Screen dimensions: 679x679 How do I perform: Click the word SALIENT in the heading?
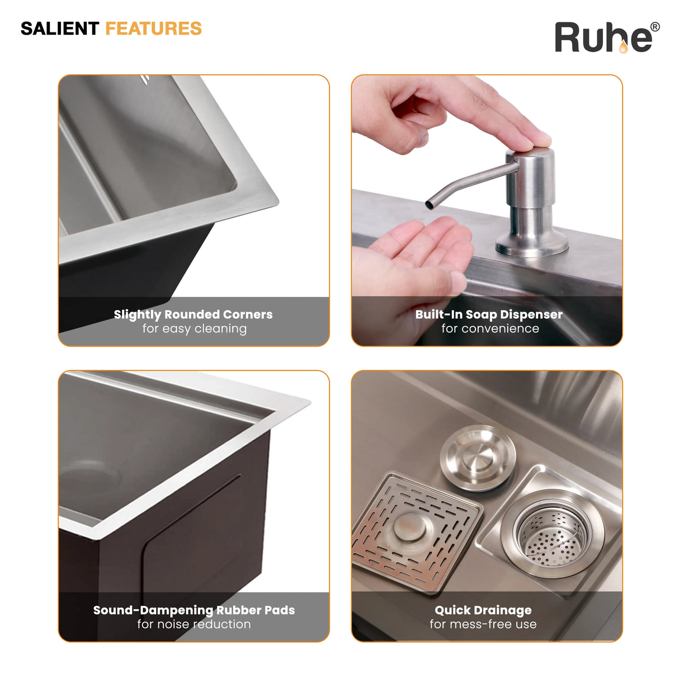tap(59, 29)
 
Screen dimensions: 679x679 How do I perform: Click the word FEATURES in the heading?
tap(154, 29)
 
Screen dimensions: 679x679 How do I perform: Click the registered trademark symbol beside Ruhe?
tap(655, 27)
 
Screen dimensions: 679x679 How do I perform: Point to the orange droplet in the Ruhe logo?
tap(624, 48)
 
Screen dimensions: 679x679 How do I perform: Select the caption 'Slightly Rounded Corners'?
tap(193, 314)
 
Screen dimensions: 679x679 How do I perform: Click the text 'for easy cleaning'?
tap(195, 329)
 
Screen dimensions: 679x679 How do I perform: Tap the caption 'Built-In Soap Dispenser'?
tap(489, 314)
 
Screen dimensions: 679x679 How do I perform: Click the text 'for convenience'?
tap(490, 329)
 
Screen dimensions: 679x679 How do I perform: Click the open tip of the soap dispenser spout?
tap(429, 205)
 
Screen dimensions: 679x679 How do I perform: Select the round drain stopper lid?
tap(478, 458)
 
